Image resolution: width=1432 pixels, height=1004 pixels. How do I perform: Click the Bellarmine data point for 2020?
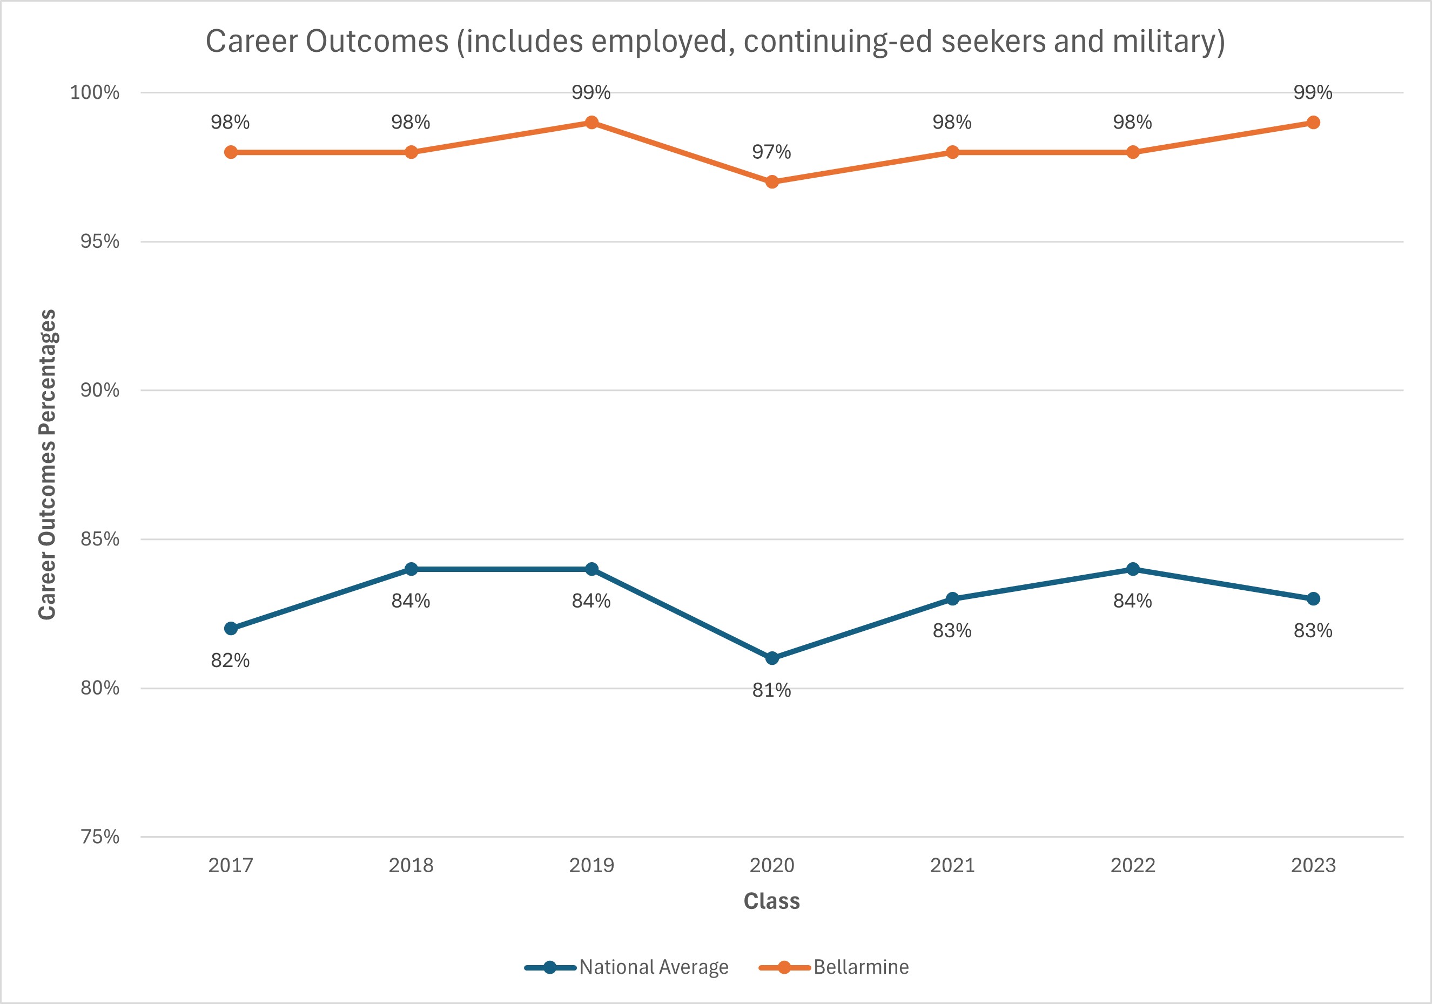[x=771, y=182]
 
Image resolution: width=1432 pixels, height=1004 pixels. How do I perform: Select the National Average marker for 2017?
[x=231, y=628]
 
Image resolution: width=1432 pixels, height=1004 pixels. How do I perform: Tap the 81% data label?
[x=771, y=690]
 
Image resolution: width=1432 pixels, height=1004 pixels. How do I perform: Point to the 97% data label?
[x=771, y=152]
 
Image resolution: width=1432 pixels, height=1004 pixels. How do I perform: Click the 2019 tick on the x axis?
[x=591, y=866]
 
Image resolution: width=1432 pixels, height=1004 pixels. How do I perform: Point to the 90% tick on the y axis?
[x=100, y=390]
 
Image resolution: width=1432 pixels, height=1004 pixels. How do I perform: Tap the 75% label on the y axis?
[x=100, y=837]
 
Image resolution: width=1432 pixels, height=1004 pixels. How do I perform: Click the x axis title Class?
[x=771, y=901]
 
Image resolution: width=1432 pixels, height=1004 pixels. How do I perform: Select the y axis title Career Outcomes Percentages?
[x=48, y=464]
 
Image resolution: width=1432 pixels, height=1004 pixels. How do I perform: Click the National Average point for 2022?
[x=1133, y=569]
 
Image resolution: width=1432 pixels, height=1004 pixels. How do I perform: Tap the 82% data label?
[x=230, y=661]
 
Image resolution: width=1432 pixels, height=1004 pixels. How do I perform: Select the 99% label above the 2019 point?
[x=591, y=92]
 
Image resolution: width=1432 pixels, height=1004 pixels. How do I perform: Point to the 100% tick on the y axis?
[x=95, y=92]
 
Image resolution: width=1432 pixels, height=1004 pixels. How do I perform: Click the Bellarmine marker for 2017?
[x=231, y=152]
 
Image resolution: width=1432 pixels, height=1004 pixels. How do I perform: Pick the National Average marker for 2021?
[x=952, y=598]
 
